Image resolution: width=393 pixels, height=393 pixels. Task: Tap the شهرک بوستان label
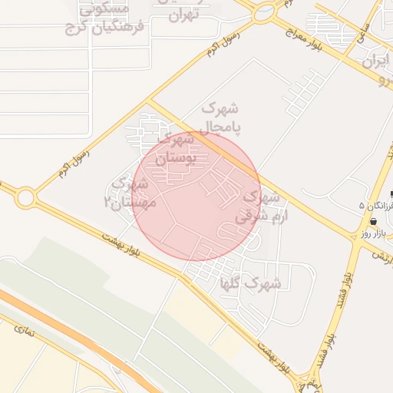[x=177, y=150]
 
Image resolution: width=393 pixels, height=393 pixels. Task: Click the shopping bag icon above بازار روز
[x=373, y=220]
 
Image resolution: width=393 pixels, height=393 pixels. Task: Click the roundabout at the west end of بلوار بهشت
[x=26, y=198]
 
